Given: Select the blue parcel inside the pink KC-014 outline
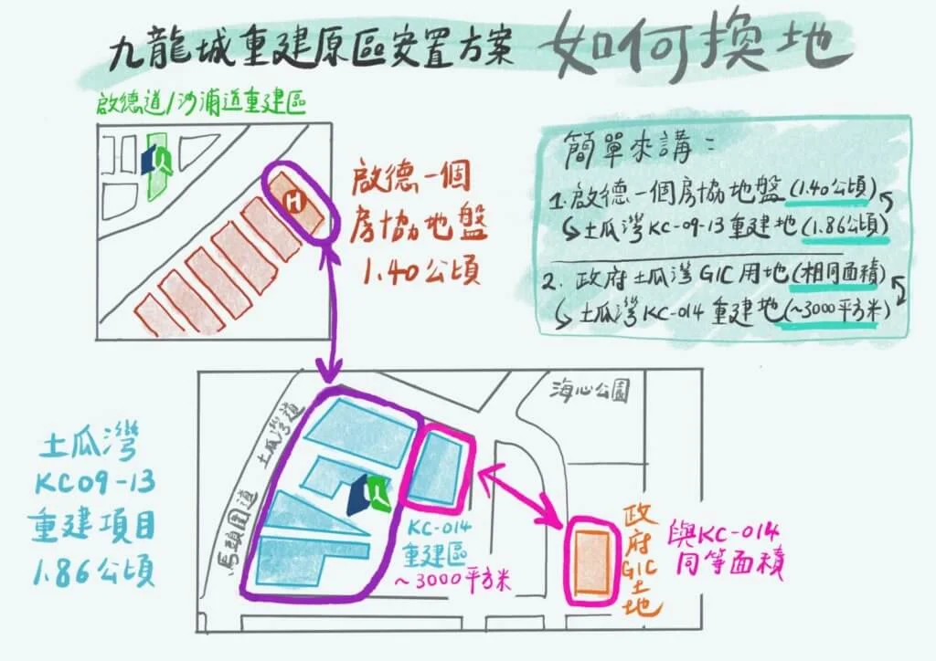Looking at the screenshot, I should pyautogui.click(x=441, y=469).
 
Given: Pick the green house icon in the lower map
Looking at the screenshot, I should pyautogui.click(x=377, y=494).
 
